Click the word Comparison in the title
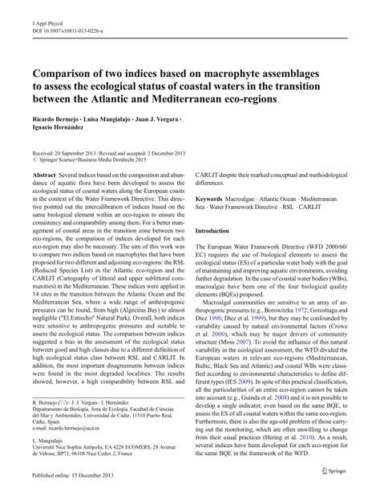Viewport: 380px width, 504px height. [68, 69]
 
